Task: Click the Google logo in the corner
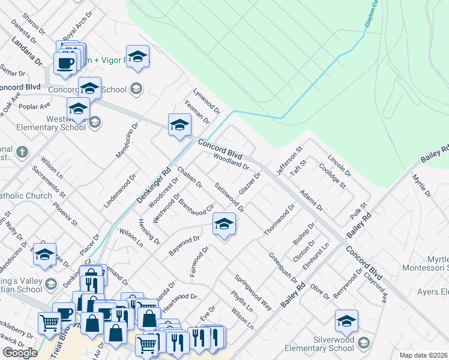[20, 353]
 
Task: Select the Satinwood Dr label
[229, 197]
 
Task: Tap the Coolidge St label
[333, 175]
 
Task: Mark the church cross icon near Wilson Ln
[22, 151]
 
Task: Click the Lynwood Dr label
[206, 102]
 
